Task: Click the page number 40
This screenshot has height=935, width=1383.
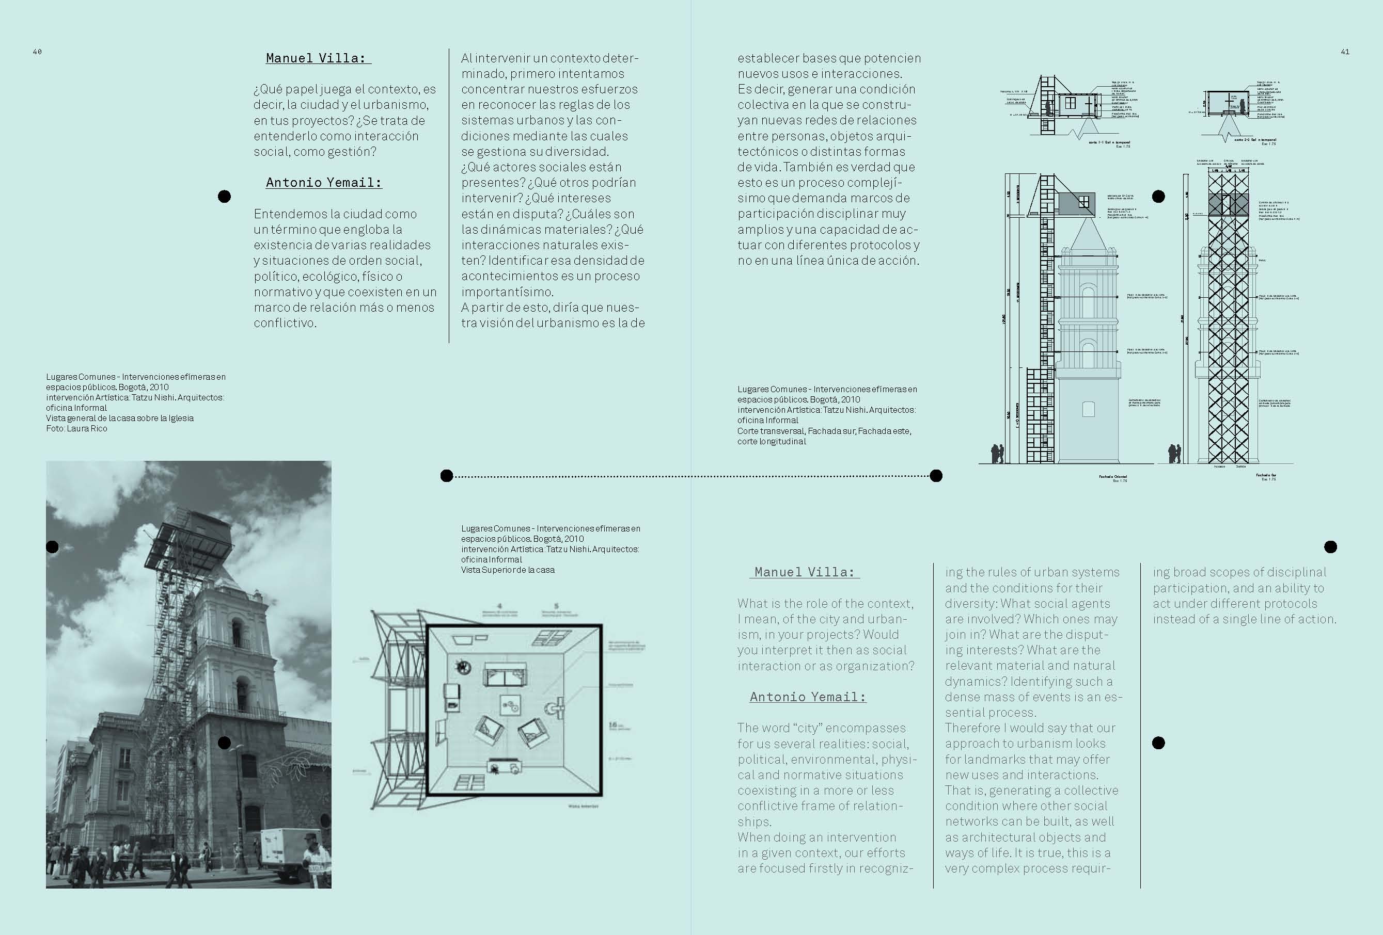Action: tap(37, 52)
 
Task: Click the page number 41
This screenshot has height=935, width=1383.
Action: tap(1345, 52)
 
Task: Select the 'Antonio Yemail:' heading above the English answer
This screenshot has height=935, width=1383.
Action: tap(808, 697)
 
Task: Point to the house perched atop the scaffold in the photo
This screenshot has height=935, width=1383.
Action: tap(189, 538)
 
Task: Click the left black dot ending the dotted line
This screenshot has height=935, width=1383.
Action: tap(447, 475)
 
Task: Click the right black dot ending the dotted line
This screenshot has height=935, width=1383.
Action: tap(936, 475)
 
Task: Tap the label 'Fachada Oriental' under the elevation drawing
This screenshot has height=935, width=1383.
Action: tap(1112, 476)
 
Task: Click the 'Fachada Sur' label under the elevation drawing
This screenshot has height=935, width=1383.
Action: tap(1266, 475)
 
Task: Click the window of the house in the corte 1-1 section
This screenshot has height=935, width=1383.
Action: tap(1070, 102)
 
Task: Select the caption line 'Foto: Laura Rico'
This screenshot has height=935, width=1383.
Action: tap(77, 428)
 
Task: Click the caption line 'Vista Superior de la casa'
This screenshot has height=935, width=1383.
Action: tap(508, 570)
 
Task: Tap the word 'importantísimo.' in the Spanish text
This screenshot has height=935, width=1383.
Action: tap(507, 292)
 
